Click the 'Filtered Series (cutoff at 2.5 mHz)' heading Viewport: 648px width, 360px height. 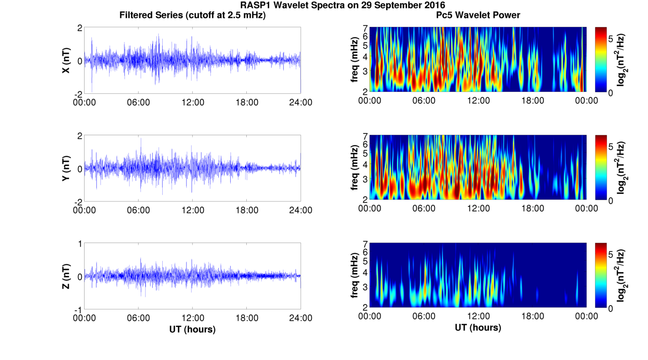(192, 16)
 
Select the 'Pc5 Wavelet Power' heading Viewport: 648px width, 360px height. (478, 16)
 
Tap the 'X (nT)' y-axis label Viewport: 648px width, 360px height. (66, 61)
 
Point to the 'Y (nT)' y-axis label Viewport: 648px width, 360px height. (66, 169)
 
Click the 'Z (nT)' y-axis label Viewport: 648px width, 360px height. (66, 276)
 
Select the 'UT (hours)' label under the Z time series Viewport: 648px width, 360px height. (192, 329)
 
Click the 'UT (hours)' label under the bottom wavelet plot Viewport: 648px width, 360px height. (478, 328)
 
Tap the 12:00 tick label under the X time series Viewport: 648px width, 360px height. (193, 102)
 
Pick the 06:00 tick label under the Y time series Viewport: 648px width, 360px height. (138, 210)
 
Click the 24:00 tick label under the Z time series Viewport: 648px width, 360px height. (301, 318)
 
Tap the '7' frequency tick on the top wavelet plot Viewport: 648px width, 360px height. (366, 28)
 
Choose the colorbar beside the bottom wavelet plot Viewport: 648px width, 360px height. (600, 275)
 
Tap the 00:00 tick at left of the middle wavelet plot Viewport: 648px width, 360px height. (370, 208)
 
